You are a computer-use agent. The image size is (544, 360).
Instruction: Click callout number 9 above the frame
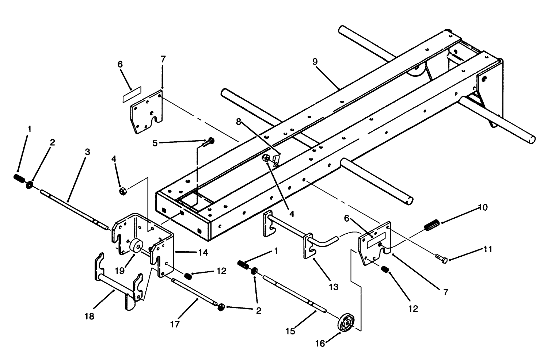pos(315,62)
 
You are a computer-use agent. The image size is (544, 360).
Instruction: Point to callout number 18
pos(89,316)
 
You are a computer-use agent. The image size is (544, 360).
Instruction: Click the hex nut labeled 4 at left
pos(123,191)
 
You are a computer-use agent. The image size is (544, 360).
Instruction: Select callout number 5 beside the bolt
pos(155,143)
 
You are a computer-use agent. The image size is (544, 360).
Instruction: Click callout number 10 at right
pos(483,208)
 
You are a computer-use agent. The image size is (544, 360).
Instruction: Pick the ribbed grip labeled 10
pos(432,224)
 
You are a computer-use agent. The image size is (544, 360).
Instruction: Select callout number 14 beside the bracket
pos(203,252)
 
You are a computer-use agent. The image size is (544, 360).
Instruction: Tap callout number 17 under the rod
pos(175,324)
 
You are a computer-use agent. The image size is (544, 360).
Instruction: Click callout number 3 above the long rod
pos(87,152)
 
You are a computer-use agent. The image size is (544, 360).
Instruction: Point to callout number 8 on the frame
pos(239,122)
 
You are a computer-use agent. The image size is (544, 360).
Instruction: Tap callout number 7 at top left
pos(163,59)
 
